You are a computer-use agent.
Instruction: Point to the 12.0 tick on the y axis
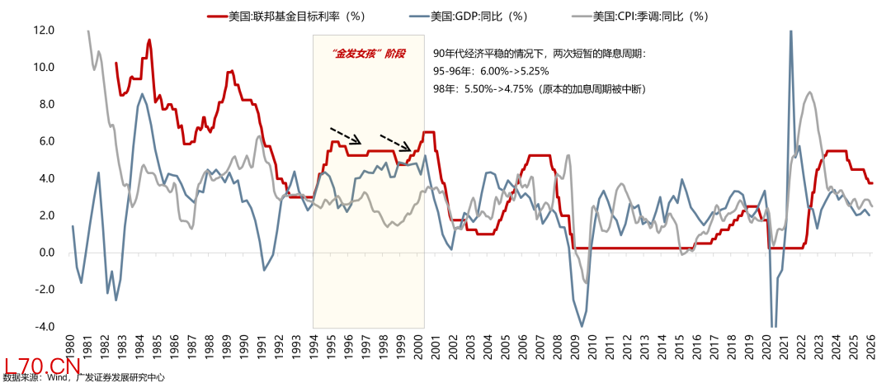pyautogui.click(x=44, y=31)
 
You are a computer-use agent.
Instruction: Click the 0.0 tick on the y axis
pyautogui.click(x=46, y=253)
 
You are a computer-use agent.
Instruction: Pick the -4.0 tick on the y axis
pyautogui.click(x=44, y=327)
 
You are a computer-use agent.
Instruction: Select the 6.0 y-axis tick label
pyautogui.click(x=46, y=142)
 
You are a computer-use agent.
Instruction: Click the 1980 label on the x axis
pyautogui.click(x=71, y=345)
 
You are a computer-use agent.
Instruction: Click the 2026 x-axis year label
pyautogui.click(x=870, y=345)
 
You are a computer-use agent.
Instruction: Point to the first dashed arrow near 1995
pyautogui.click(x=346, y=135)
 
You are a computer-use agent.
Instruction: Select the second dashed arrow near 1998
pyautogui.click(x=396, y=141)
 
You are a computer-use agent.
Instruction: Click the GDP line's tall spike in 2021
pyautogui.click(x=791, y=33)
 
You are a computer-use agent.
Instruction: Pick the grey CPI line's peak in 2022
pyautogui.click(x=809, y=92)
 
